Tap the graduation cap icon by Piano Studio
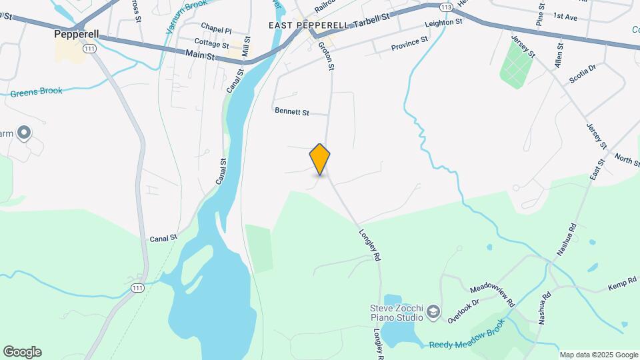click(x=434, y=312)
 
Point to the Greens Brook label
click(x=36, y=92)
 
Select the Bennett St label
click(x=292, y=113)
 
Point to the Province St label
click(x=409, y=44)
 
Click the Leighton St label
click(x=444, y=23)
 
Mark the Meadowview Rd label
click(x=493, y=294)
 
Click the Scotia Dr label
click(x=582, y=73)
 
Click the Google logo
click(x=22, y=351)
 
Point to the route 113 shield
click(x=447, y=7)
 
